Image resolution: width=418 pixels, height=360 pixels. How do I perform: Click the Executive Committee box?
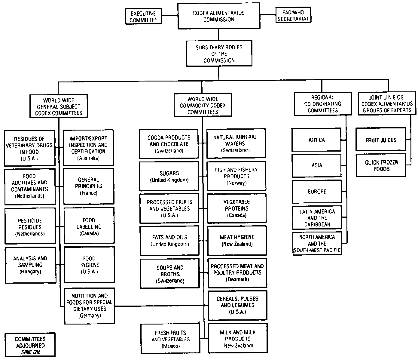(x=143, y=17)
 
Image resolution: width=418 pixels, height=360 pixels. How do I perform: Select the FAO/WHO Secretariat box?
(x=293, y=16)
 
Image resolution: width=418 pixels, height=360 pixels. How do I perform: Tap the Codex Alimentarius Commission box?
(x=218, y=16)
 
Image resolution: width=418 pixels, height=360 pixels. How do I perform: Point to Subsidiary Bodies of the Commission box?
(x=219, y=54)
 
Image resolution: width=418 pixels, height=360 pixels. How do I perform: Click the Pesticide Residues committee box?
(x=30, y=227)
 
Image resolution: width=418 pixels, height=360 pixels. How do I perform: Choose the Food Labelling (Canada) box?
(x=89, y=226)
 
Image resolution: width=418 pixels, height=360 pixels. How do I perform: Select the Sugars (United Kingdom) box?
(x=169, y=177)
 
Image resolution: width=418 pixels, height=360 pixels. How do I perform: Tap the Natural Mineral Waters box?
(x=236, y=143)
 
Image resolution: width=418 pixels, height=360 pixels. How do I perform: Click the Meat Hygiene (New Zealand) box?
(x=237, y=241)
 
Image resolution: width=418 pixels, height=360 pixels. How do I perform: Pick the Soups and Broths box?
(x=170, y=274)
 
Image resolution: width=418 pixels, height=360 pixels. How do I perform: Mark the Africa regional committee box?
(x=316, y=140)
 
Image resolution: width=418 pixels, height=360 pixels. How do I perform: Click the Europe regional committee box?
(x=317, y=192)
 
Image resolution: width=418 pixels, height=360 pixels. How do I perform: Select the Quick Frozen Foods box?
(x=381, y=165)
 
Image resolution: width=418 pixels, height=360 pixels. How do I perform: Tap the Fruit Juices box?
(x=380, y=140)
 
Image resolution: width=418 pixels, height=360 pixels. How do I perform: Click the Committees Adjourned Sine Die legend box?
(x=30, y=345)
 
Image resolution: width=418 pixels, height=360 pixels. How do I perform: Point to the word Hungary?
(x=30, y=272)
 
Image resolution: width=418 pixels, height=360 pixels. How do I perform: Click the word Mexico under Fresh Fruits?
(x=170, y=346)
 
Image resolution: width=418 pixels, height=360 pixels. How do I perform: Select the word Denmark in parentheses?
(x=237, y=279)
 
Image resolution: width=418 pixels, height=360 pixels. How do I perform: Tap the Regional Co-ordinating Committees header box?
(x=322, y=104)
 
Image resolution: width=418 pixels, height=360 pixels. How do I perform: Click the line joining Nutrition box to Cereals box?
(x=161, y=306)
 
